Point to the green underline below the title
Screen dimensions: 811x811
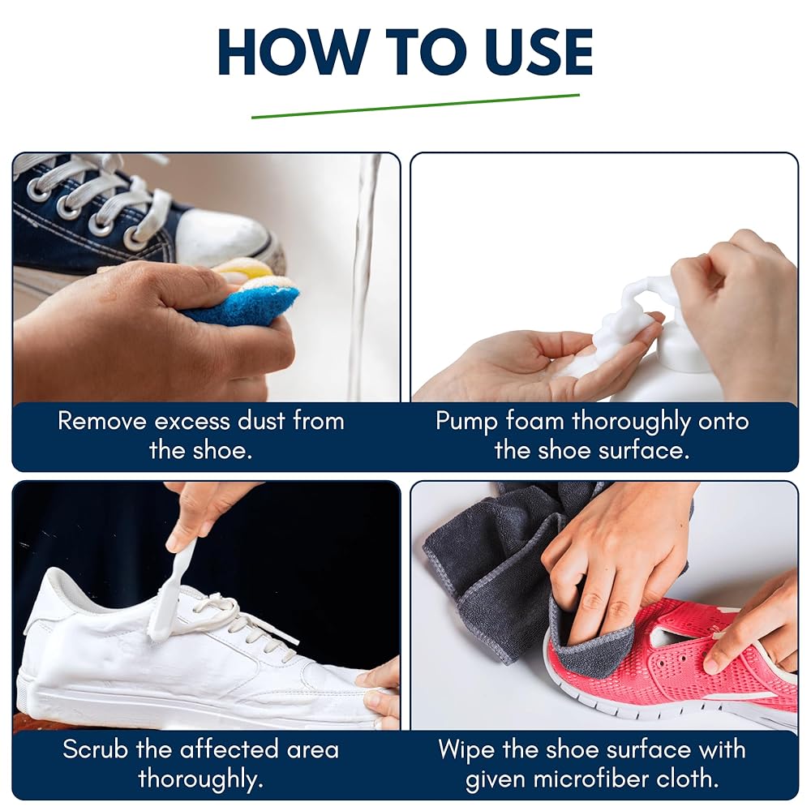click(415, 106)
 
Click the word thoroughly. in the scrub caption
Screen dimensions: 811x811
click(201, 779)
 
